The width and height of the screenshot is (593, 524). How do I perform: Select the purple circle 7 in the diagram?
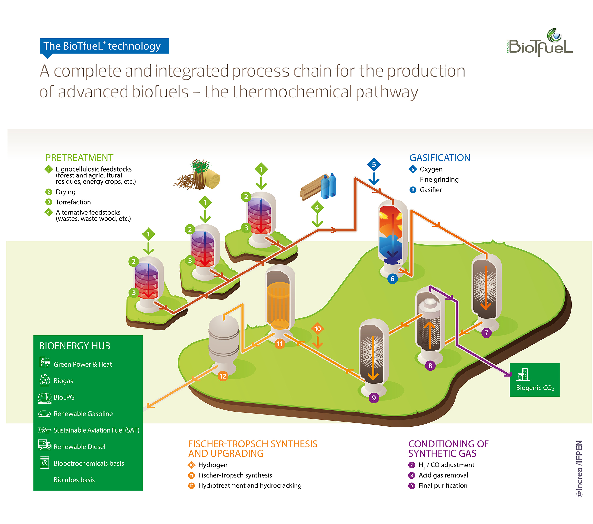486,333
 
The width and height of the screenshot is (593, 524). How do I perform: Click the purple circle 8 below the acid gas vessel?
430,366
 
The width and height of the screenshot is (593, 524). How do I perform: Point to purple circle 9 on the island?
374,398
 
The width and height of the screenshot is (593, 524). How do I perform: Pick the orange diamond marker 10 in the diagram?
318,329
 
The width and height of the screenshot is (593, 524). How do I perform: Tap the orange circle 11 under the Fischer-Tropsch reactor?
279,344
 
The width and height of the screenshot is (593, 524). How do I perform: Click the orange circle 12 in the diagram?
223,376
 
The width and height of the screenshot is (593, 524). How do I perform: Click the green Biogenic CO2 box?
534,380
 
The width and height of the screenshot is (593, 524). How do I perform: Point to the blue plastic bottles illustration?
329,186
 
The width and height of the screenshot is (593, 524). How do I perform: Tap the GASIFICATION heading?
440,158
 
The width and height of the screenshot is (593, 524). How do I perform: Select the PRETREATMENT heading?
79,158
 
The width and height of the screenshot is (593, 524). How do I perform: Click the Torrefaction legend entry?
73,202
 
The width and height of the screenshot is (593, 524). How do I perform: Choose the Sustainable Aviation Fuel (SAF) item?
96,430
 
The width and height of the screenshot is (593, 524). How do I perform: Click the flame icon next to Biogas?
44,380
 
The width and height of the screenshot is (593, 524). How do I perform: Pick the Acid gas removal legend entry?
443,475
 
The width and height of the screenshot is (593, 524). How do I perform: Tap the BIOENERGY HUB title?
75,346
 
